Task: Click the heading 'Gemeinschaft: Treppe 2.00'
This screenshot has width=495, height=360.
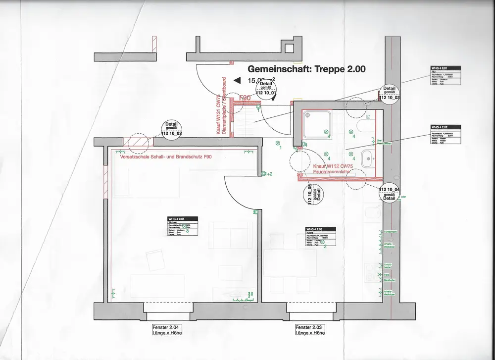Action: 306,69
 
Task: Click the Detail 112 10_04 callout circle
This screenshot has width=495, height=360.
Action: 389,193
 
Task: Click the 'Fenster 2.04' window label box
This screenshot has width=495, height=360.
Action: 167,330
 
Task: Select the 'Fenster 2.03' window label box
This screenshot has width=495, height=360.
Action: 310,330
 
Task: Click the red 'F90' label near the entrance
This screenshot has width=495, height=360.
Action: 245,98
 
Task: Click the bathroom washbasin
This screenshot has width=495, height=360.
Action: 367,158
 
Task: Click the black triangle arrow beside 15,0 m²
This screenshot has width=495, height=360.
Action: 238,80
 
